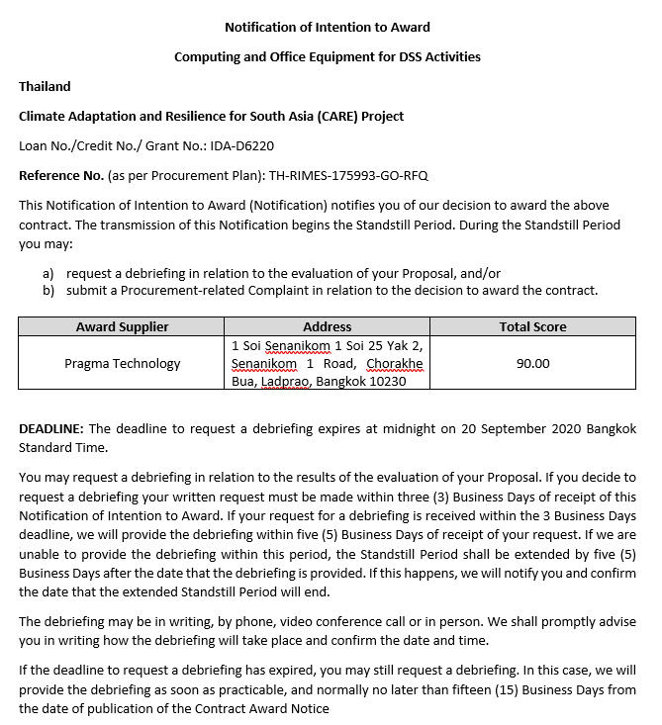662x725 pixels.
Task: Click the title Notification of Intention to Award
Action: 328,27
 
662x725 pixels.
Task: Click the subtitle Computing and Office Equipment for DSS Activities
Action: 328,56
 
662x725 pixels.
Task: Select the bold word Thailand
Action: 45,86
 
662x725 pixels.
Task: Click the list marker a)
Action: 48,273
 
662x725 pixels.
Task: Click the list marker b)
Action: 48,290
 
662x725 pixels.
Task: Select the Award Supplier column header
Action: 122,326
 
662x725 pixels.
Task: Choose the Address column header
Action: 327,326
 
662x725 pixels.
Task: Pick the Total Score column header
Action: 532,326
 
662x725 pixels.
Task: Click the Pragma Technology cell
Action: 122,363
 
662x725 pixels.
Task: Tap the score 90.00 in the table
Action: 532,363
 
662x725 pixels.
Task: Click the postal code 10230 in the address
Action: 387,381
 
